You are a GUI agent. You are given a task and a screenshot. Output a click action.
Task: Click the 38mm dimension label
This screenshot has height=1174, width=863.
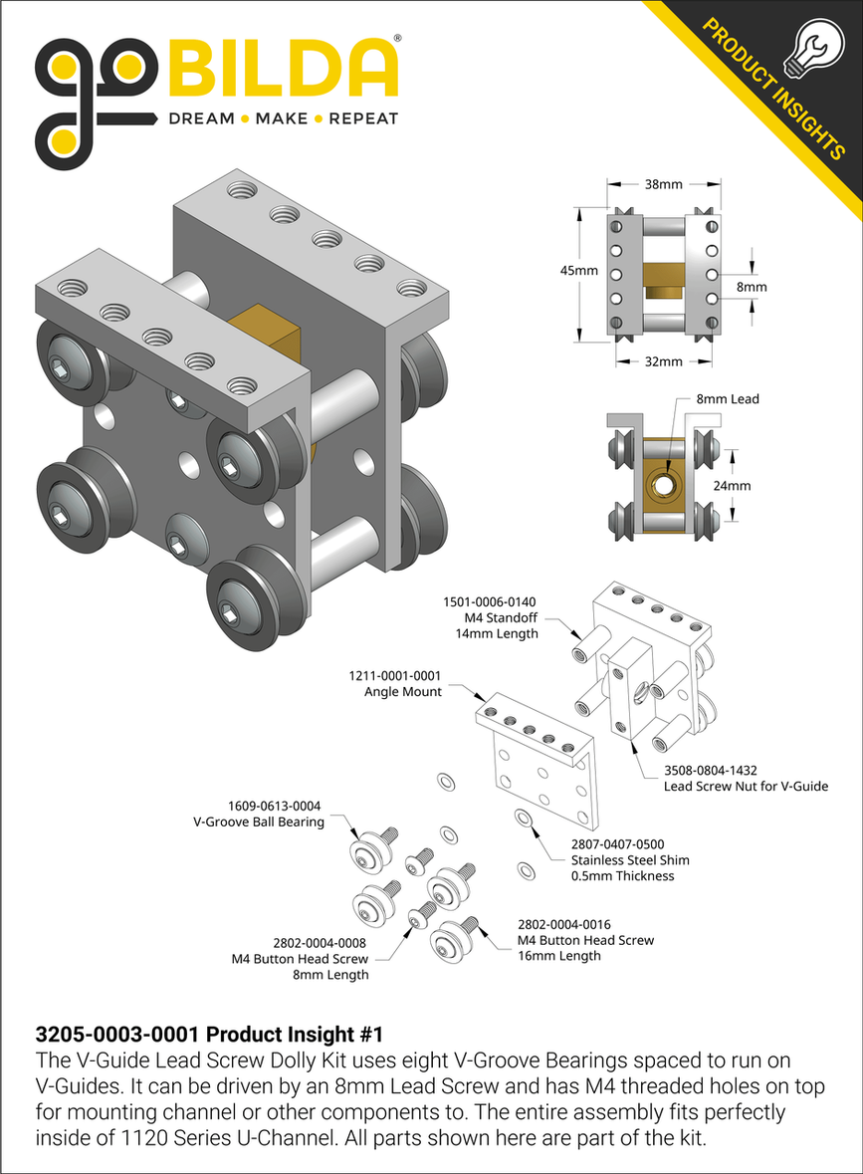tap(664, 185)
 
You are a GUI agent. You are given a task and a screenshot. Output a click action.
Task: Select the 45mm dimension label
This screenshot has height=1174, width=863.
tap(578, 271)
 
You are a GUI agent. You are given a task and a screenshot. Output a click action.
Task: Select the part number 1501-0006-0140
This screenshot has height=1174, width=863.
tap(489, 601)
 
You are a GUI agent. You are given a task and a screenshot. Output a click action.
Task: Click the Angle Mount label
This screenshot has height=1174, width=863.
tap(402, 691)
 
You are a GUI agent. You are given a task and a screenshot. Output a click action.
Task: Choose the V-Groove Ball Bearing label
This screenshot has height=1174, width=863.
tap(258, 822)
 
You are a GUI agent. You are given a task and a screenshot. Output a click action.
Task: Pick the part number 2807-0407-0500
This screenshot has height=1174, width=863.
tap(617, 843)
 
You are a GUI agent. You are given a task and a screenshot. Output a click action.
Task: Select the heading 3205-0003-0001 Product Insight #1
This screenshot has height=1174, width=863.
tap(209, 1034)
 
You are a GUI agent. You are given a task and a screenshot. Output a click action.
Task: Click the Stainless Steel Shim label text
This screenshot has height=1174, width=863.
tap(629, 859)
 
